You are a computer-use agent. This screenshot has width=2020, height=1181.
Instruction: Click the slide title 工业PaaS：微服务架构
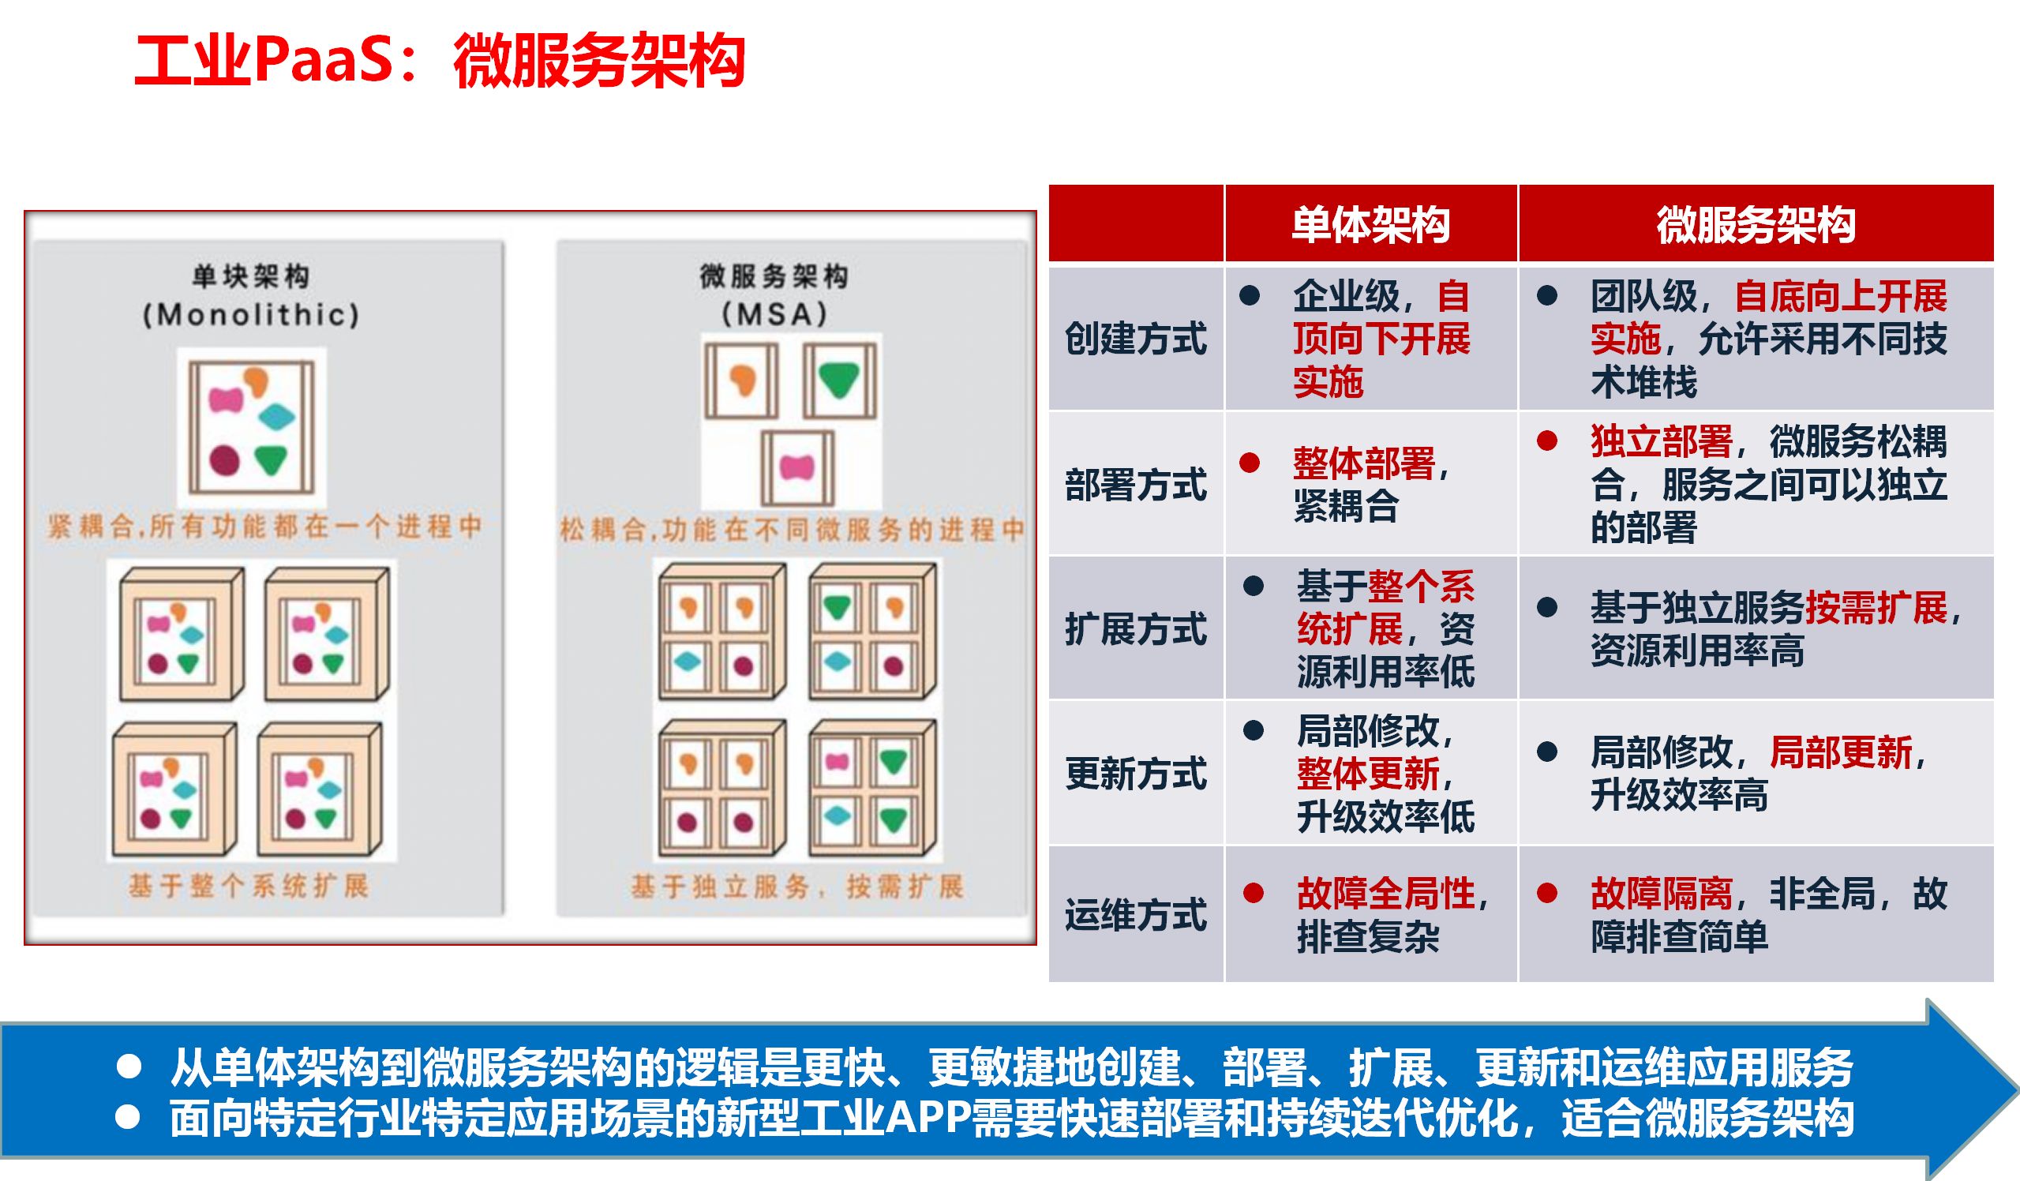439,61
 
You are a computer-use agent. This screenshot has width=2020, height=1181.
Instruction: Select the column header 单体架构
1370,224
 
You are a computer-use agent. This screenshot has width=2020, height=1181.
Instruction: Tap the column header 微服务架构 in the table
1756,224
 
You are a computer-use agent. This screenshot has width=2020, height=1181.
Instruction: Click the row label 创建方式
1135,339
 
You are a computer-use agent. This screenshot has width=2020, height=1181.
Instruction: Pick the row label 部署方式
1135,484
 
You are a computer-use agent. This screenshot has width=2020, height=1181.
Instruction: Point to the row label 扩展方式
1135,628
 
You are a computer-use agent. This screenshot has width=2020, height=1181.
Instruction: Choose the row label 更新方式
1135,774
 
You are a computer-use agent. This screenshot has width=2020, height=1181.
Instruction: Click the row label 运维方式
1135,914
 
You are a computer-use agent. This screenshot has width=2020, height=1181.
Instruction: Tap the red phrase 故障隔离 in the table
1661,893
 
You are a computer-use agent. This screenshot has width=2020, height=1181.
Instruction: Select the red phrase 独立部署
1661,441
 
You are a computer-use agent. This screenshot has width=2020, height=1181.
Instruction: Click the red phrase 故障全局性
1385,893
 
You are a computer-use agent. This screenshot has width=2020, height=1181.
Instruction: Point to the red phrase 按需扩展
1876,608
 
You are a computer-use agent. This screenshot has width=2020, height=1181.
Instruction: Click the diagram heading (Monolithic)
251,314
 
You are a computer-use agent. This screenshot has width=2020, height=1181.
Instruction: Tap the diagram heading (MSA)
774,313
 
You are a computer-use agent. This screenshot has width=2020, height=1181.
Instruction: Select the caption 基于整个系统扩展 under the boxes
249,886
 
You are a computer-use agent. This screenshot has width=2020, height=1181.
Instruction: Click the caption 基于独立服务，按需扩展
796,886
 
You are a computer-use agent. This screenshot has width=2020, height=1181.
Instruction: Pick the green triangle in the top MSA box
839,379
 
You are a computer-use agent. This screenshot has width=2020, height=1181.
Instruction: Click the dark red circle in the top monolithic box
224,460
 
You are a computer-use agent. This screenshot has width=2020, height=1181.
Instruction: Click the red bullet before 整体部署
1250,463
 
